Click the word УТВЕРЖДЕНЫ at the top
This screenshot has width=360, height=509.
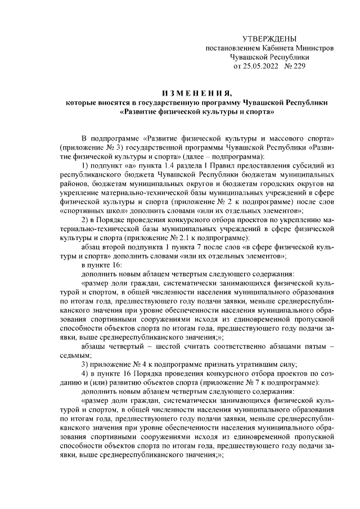(x=269, y=38)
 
